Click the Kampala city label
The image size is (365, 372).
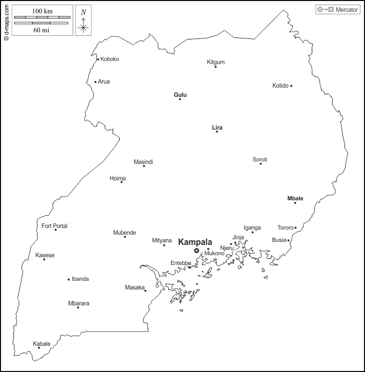(195, 242)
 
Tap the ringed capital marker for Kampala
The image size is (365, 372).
(197, 251)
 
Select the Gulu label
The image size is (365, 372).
(180, 95)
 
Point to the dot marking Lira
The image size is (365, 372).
(217, 132)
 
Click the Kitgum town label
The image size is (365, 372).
(216, 62)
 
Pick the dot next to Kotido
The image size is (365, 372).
(291, 86)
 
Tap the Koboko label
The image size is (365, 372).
(110, 59)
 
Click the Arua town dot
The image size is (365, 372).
(95, 81)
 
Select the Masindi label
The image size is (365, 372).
(143, 162)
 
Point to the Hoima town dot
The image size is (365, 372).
(121, 182)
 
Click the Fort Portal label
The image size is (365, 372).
(54, 226)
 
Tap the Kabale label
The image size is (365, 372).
(41, 344)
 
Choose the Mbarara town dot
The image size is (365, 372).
(78, 307)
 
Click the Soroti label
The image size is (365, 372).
(260, 159)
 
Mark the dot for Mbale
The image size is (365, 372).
(295, 203)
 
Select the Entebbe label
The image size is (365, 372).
(180, 263)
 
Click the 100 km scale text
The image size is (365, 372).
(42, 11)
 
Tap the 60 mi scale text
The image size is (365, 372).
(42, 30)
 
